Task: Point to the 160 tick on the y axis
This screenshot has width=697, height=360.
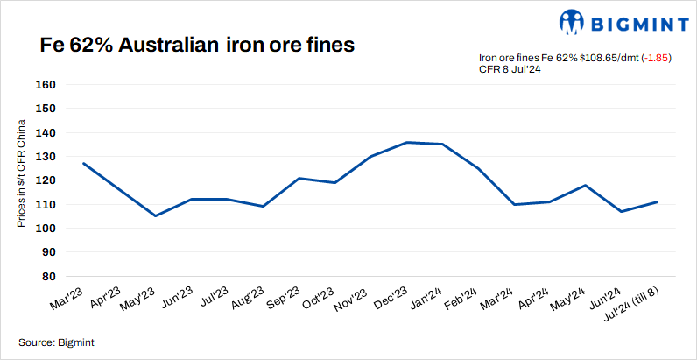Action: [45, 86]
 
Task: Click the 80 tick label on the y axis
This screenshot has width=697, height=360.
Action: [48, 276]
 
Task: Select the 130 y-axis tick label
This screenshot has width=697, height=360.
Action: [45, 157]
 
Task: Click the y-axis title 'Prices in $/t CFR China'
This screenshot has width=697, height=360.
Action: [22, 181]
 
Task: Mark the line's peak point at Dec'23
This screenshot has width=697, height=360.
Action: [406, 142]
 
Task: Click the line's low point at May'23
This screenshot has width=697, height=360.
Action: [155, 215]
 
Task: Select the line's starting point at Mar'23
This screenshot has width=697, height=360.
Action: [83, 163]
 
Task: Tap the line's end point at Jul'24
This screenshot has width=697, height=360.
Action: [657, 201]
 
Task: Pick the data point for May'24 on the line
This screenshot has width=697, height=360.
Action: [585, 185]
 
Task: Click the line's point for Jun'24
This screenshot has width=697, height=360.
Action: [621, 211]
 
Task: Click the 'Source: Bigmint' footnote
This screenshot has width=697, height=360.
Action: [56, 342]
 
